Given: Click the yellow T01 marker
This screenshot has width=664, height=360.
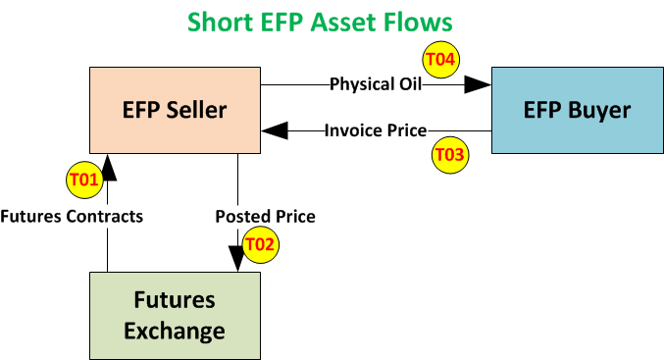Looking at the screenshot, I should pyautogui.click(x=84, y=180).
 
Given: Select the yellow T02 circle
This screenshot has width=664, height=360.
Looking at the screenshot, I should pyautogui.click(x=260, y=242).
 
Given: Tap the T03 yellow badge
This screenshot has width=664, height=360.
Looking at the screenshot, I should pyautogui.click(x=450, y=154).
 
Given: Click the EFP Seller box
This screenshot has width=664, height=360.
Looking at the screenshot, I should pyautogui.click(x=175, y=110).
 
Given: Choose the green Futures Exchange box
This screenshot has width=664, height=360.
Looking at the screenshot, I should pyautogui.click(x=175, y=314).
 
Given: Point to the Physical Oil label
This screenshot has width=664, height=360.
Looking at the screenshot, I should pyautogui.click(x=376, y=84).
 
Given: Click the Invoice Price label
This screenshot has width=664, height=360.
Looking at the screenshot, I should pyautogui.click(x=376, y=130).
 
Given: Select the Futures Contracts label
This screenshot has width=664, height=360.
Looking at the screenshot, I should pyautogui.click(x=73, y=216).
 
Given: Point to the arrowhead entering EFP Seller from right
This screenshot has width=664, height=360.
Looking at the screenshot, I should pyautogui.click(x=274, y=130).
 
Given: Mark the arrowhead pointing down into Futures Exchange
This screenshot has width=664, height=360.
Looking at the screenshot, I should pyautogui.click(x=238, y=259).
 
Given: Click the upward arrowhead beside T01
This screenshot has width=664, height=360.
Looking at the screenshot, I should pyautogui.click(x=108, y=168).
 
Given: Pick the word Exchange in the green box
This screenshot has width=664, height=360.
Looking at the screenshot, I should pyautogui.click(x=175, y=331).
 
